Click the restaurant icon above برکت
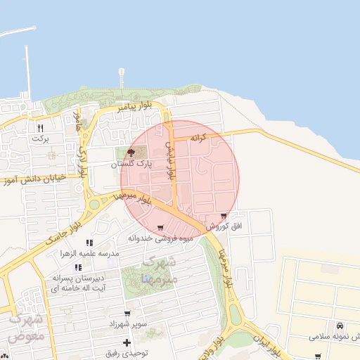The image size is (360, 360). pyautogui.click(x=40, y=128)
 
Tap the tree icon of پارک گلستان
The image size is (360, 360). pyautogui.click(x=131, y=153)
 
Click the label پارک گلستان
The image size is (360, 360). pyautogui.click(x=131, y=164)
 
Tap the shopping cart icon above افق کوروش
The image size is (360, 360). pyautogui.click(x=224, y=216)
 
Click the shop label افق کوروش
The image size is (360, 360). pyautogui.click(x=224, y=227)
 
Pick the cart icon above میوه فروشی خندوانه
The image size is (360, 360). pyautogui.click(x=161, y=227)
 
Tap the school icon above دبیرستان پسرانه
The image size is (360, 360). pyautogui.click(x=78, y=267)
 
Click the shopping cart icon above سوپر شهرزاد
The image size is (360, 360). pyautogui.click(x=127, y=314)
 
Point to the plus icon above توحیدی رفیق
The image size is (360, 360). pyautogui.click(x=127, y=342)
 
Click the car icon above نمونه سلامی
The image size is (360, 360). pyautogui.click(x=340, y=326)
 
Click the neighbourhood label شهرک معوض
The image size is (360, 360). pyautogui.click(x=27, y=328)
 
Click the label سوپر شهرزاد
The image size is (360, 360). pyautogui.click(x=127, y=325)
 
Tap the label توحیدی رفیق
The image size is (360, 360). pyautogui.click(x=127, y=354)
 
